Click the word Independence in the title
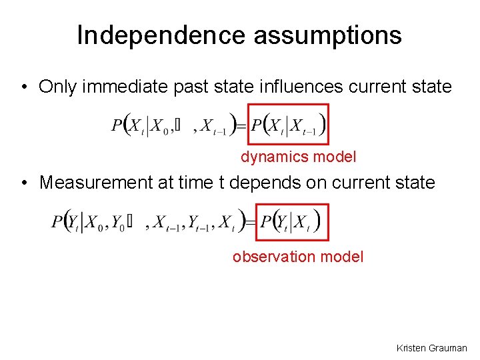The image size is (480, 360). click(161, 35)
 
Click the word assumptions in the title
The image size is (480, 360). click(327, 35)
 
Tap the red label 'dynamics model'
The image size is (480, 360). click(299, 157)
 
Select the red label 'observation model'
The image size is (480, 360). click(298, 257)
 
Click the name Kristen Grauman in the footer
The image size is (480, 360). click(431, 348)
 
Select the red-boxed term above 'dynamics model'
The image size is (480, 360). click(288, 124)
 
